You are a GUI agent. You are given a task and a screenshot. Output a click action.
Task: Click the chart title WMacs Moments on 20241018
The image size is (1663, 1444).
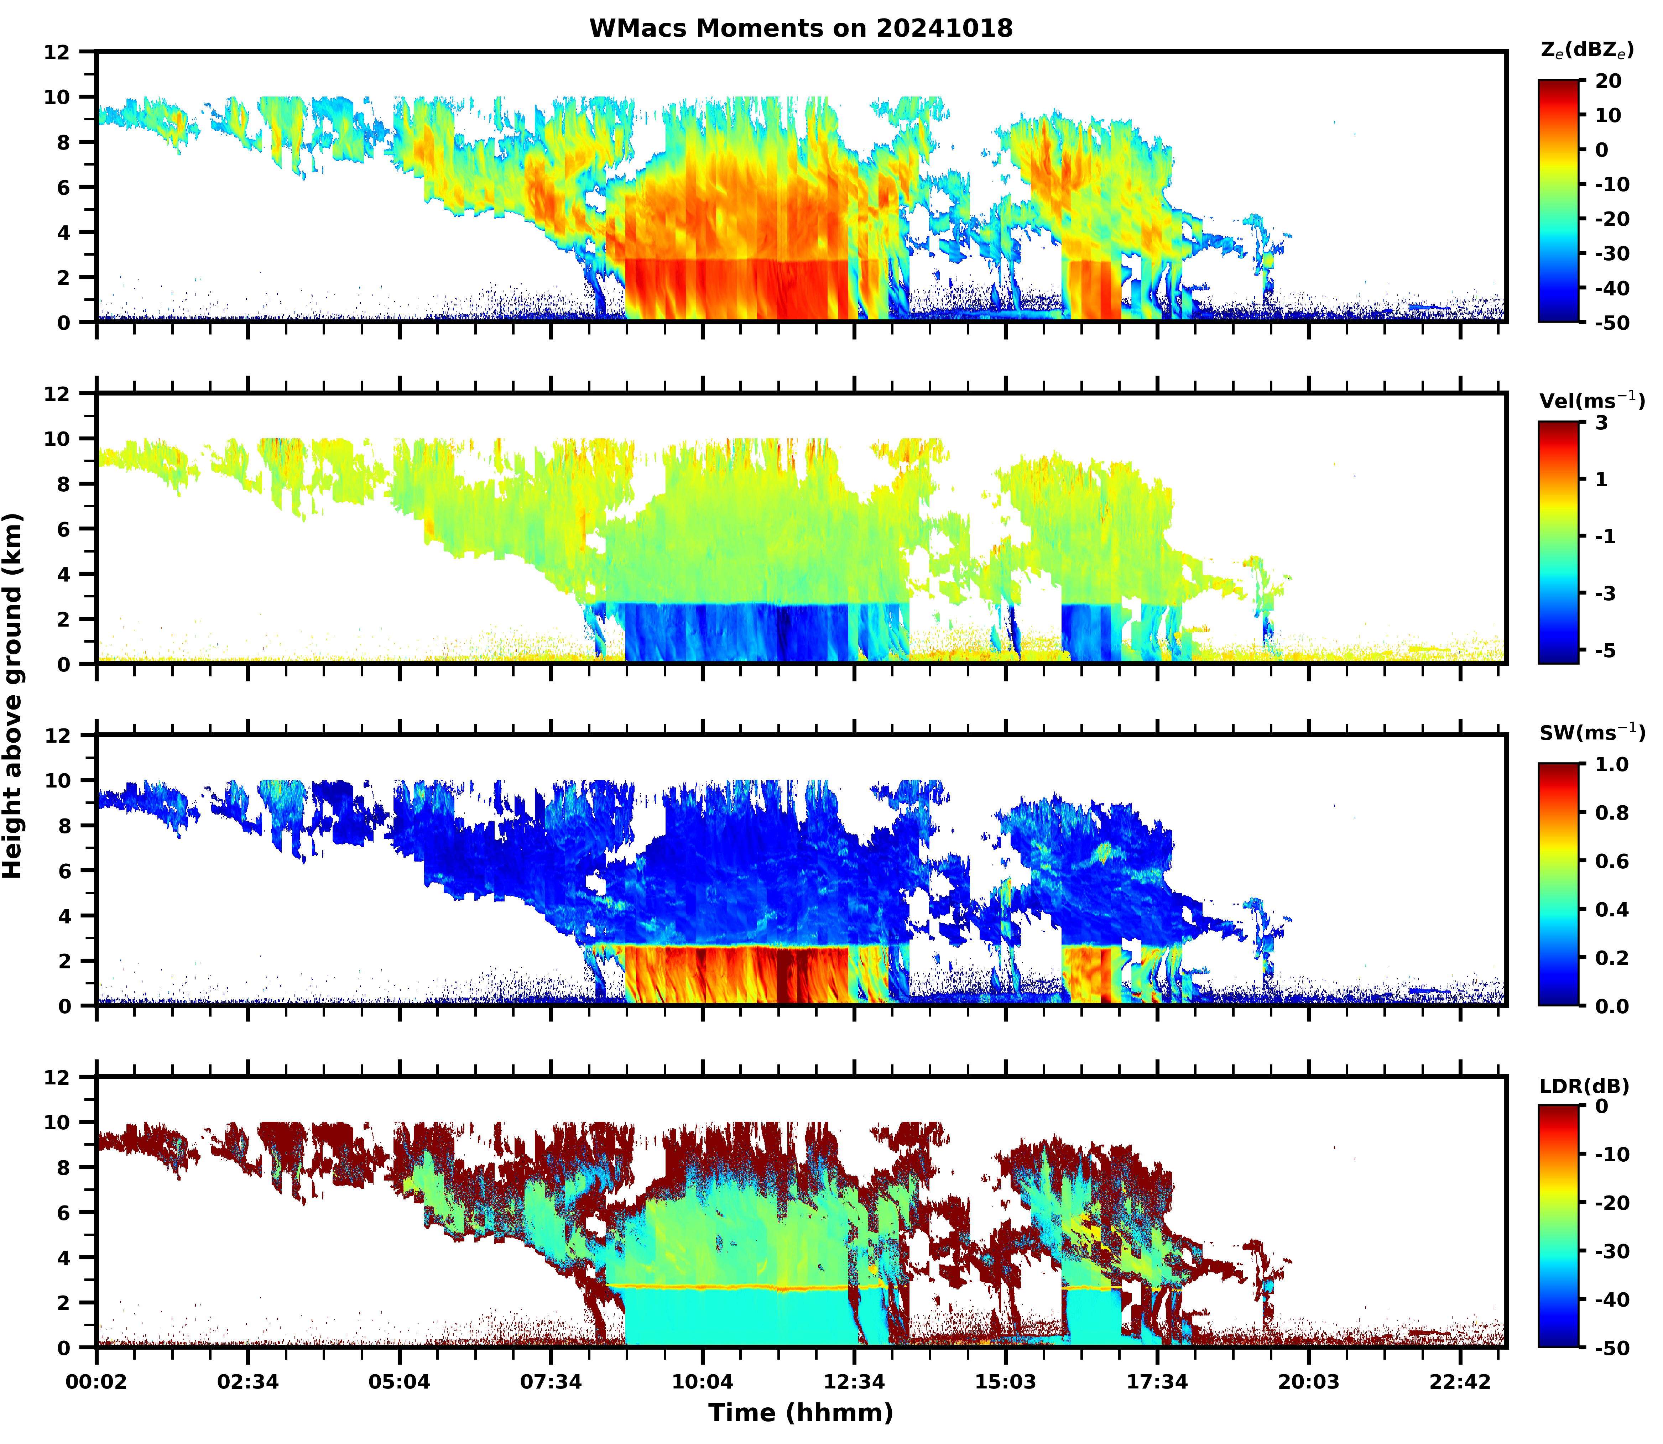click(801, 28)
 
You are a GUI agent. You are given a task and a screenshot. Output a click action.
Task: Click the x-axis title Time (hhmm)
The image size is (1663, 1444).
click(801, 1412)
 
